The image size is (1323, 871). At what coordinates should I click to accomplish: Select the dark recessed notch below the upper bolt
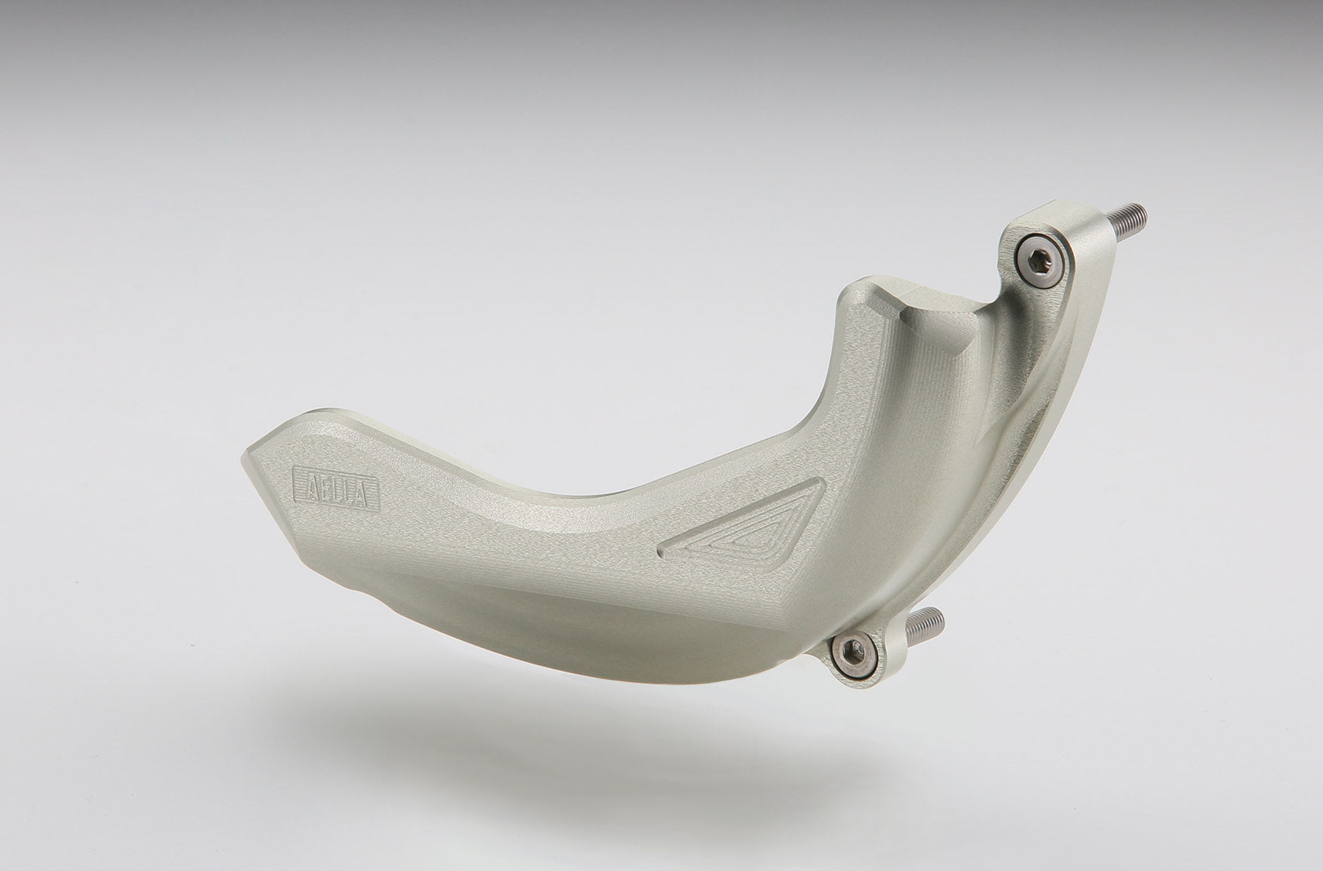click(x=986, y=325)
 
